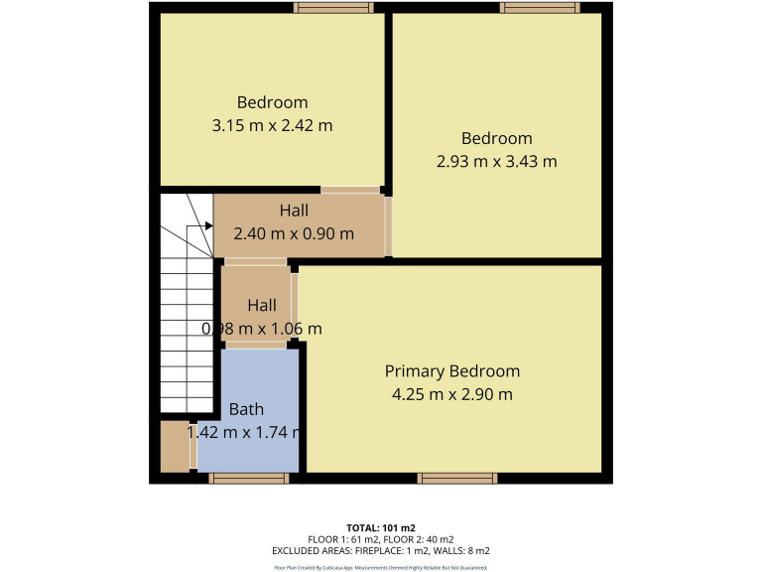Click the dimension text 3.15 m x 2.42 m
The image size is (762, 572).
[272, 126]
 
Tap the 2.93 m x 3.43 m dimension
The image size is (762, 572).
[496, 161]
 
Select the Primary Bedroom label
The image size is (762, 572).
[451, 371]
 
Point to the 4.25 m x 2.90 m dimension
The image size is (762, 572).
[451, 394]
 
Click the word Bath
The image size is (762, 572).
[246, 409]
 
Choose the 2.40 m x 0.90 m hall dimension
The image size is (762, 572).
[293, 234]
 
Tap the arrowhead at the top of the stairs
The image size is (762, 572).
[208, 226]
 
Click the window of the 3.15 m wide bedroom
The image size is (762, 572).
[333, 8]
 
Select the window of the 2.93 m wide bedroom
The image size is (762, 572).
[540, 8]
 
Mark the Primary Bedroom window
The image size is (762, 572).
[457, 479]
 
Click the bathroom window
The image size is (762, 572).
[248, 479]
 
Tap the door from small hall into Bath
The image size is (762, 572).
[256, 347]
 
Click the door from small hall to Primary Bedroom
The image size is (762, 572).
[295, 304]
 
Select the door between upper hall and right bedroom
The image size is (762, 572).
[388, 226]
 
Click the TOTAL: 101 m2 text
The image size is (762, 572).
[380, 526]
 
